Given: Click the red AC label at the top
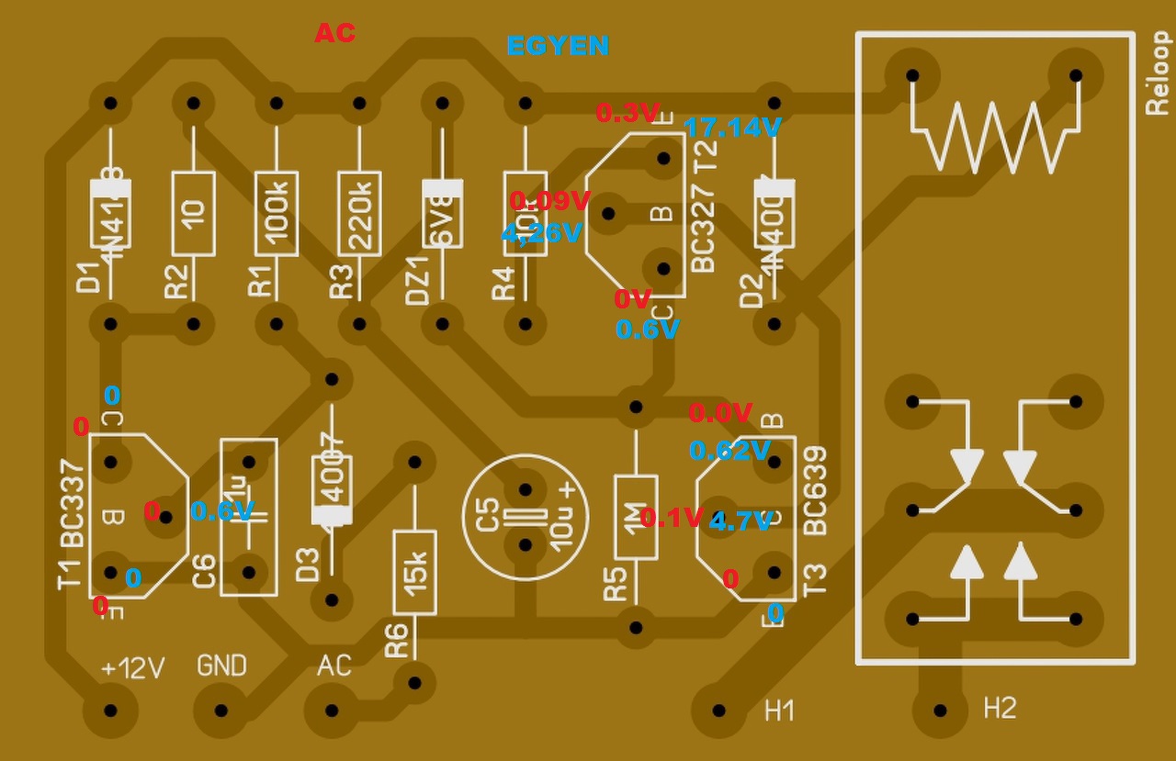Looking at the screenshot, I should click(x=334, y=33).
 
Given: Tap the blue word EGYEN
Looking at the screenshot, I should click(x=558, y=45).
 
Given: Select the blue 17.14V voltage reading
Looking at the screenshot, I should click(x=732, y=128).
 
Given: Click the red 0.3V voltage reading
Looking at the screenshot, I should click(x=628, y=113).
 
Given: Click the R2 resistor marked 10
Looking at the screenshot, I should click(x=193, y=213).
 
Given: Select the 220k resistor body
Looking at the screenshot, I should click(x=359, y=213).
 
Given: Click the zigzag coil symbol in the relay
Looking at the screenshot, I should click(x=993, y=135).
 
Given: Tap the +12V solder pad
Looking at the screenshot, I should click(x=111, y=710).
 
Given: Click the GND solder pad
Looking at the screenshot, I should click(x=221, y=710).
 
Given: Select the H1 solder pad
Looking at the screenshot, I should click(x=718, y=710).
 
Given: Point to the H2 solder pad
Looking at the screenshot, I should click(x=939, y=710).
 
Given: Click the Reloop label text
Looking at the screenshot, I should click(x=1157, y=73).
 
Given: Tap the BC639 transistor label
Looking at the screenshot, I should click(x=815, y=491).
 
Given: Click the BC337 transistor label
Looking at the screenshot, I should click(x=73, y=505).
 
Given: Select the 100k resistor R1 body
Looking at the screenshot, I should click(x=277, y=213).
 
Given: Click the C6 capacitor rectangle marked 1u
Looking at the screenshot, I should click(x=248, y=517).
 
